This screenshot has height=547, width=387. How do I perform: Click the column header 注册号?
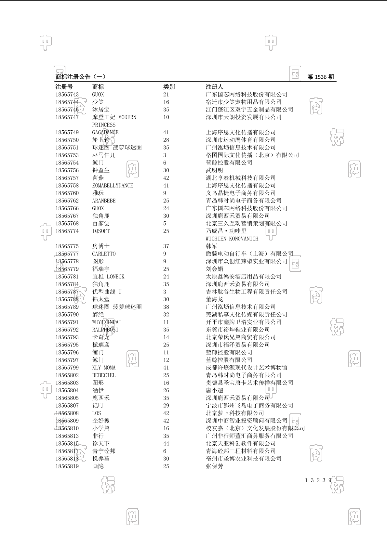[64, 87]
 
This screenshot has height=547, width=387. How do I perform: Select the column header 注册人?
[214, 87]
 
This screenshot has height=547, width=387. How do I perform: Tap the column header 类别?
[169, 87]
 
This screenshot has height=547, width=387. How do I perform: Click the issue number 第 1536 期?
[320, 77]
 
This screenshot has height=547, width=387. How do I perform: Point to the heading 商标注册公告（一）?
[81, 77]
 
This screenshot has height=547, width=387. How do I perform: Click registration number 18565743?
[67, 95]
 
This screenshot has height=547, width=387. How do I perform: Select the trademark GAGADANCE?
[105, 132]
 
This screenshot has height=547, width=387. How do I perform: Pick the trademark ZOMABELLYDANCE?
[113, 186]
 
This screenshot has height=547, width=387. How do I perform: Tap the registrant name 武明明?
[214, 170]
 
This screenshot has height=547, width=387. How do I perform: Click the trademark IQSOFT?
[101, 231]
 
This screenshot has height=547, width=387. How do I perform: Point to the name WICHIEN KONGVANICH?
[232, 239]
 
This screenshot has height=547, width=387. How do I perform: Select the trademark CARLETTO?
[104, 254]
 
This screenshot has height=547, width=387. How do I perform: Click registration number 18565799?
[67, 368]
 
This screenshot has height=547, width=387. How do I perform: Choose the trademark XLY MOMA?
[104, 368]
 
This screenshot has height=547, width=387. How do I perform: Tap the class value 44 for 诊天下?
[166, 444]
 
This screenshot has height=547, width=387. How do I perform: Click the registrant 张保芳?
[214, 466]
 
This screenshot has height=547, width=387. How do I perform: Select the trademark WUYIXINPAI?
[107, 322]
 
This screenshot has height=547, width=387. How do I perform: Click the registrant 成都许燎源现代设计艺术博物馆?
[247, 368]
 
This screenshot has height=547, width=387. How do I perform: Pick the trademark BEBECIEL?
[104, 375]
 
